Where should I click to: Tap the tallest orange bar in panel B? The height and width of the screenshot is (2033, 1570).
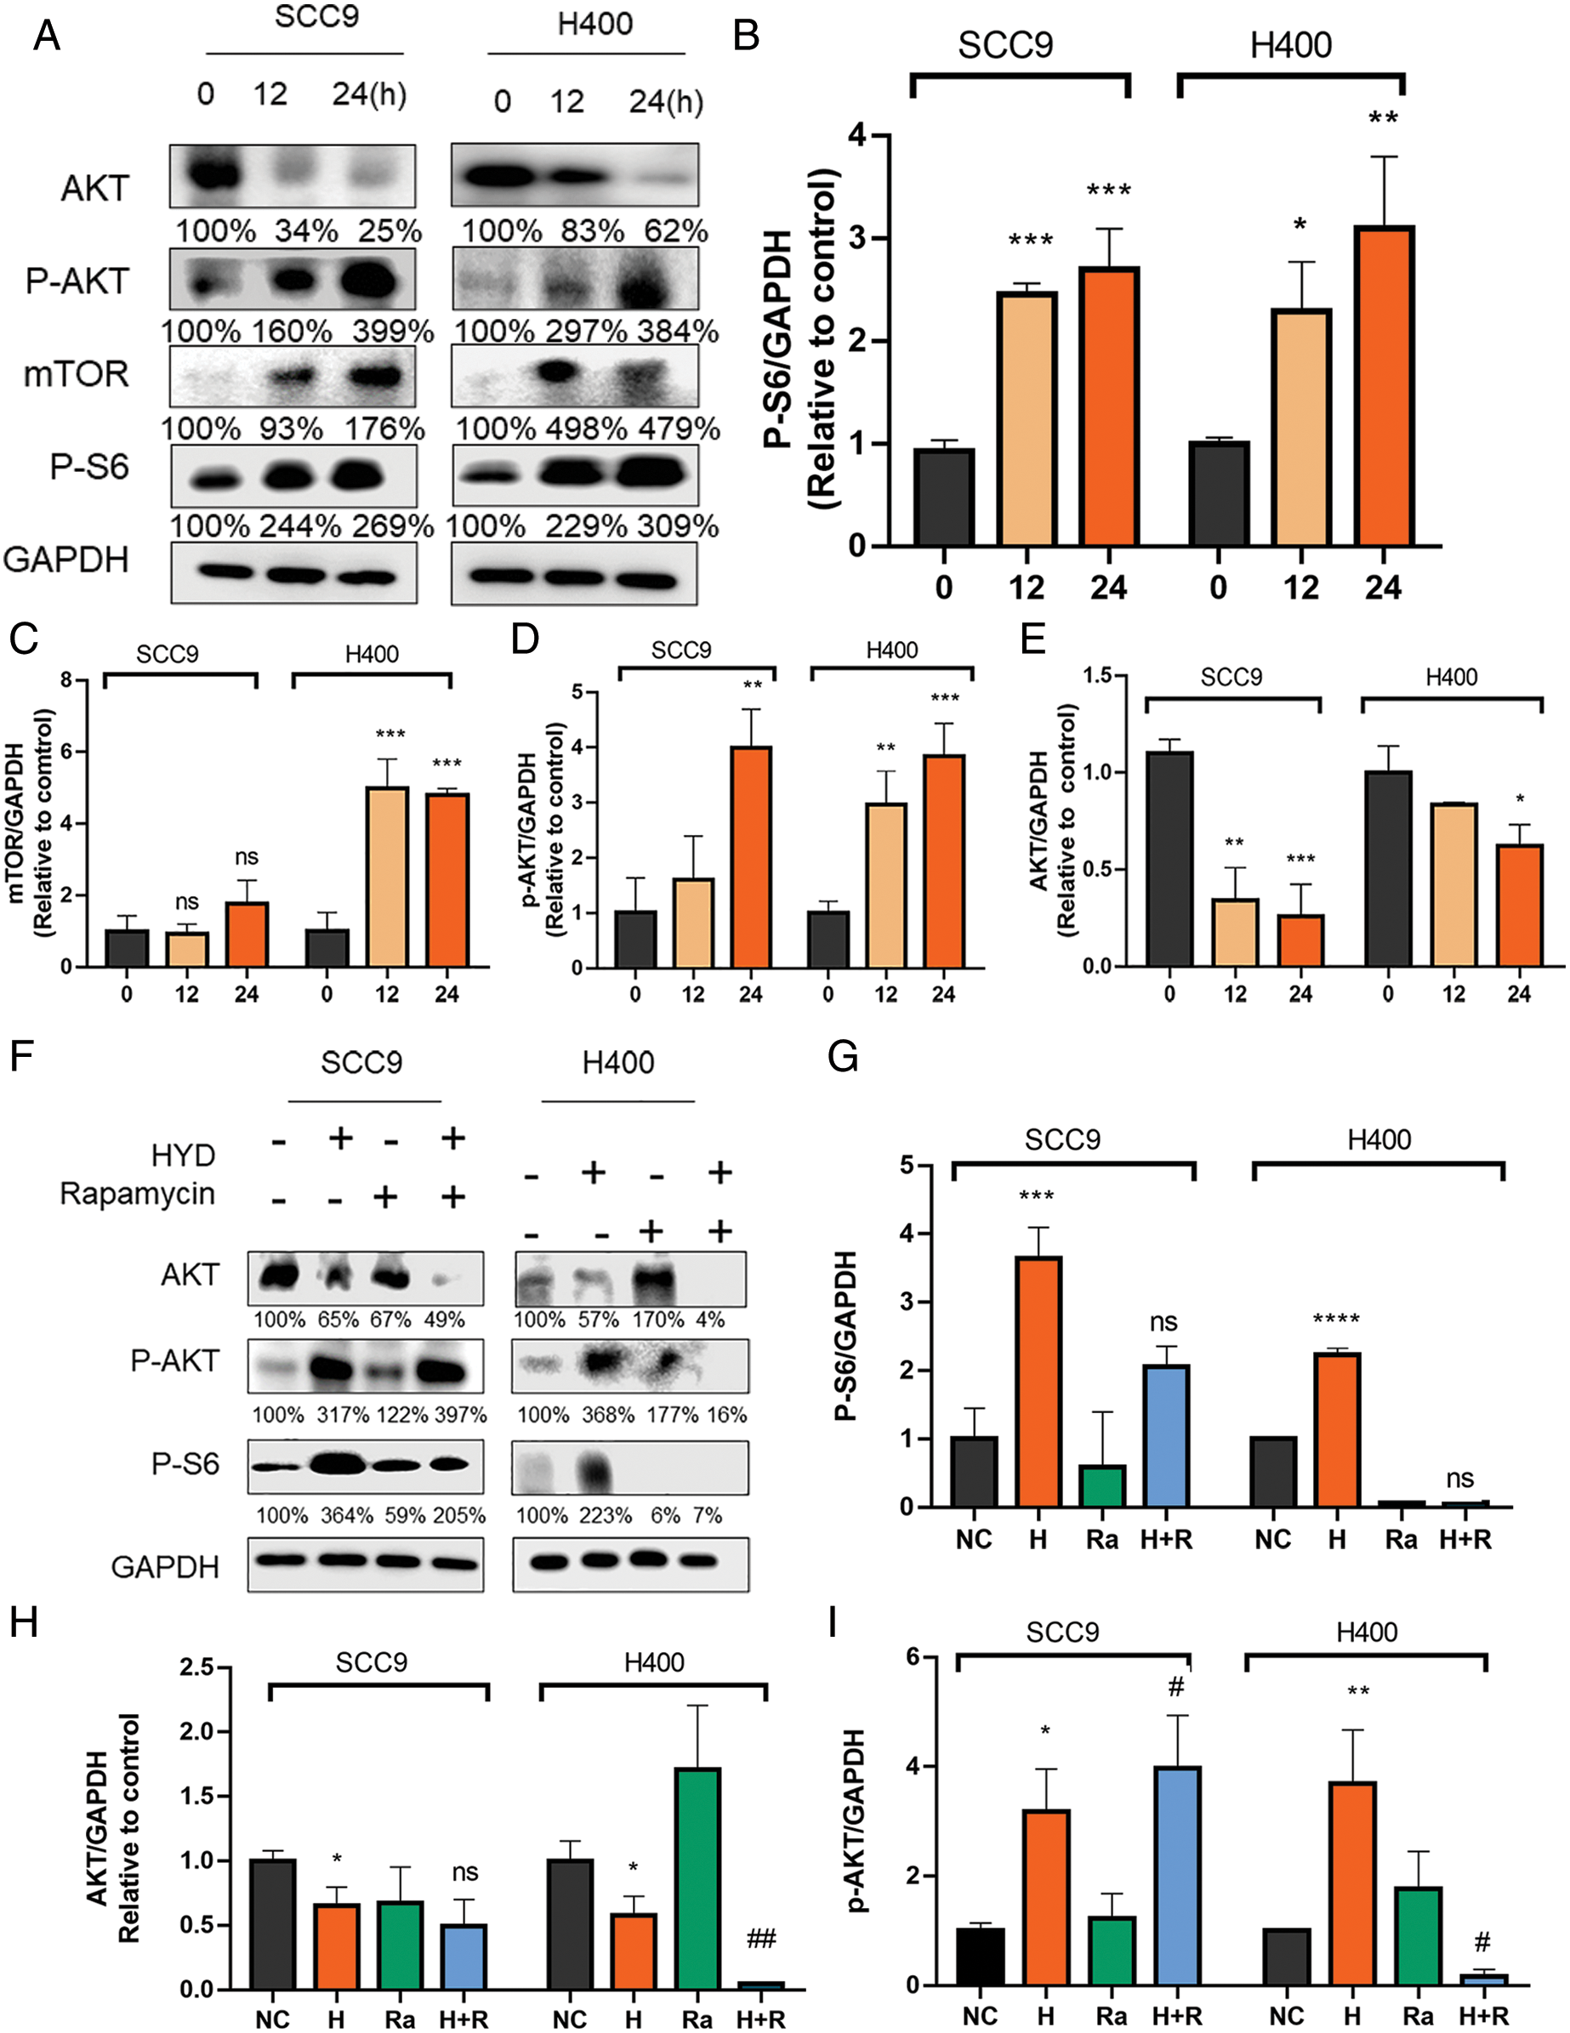pyautogui.click(x=1384, y=385)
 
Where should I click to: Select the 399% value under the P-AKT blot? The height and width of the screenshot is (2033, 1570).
pyautogui.click(x=393, y=332)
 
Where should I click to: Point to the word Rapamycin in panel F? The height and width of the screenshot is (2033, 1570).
pyautogui.click(x=138, y=1194)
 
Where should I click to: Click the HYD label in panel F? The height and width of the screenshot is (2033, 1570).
pyautogui.click(x=183, y=1156)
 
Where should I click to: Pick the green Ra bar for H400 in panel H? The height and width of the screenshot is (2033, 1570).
pyautogui.click(x=697, y=1878)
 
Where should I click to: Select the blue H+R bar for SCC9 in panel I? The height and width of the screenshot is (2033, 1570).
pyautogui.click(x=1177, y=1876)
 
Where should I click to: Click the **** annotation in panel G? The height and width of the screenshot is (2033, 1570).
pyautogui.click(x=1336, y=1319)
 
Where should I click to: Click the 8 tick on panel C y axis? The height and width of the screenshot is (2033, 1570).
pyautogui.click(x=66, y=679)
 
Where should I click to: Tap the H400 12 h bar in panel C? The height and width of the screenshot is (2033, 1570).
pyautogui.click(x=386, y=877)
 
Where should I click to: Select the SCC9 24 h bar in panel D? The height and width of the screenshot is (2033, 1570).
pyautogui.click(x=750, y=856)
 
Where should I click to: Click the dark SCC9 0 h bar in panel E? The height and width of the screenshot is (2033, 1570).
pyautogui.click(x=1169, y=858)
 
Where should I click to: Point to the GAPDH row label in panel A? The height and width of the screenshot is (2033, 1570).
pyautogui.click(x=66, y=560)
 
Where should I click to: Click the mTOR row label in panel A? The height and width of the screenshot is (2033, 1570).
pyautogui.click(x=77, y=374)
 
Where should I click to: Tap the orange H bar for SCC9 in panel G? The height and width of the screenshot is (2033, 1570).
pyautogui.click(x=1038, y=1382)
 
